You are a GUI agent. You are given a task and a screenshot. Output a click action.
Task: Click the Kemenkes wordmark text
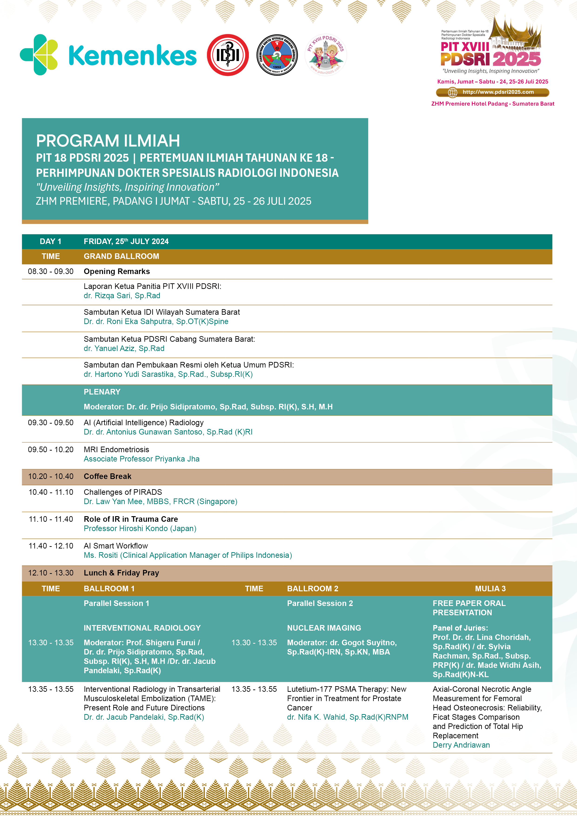pyautogui.click(x=132, y=55)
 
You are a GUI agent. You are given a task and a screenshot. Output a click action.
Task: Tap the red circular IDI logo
pyautogui.click(x=228, y=55)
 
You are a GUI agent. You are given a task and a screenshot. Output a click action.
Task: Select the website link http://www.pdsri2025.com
pyautogui.click(x=498, y=92)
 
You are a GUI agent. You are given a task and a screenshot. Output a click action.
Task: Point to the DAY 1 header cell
pyautogui.click(x=50, y=241)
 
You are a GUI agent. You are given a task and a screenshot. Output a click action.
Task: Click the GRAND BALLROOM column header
pyautogui.click(x=121, y=256)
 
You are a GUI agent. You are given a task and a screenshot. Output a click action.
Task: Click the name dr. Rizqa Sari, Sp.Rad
pyautogui.click(x=122, y=296)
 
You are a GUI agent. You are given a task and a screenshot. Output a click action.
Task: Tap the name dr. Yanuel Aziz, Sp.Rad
pyautogui.click(x=124, y=348)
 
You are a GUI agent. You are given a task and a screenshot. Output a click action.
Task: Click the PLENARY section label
pyautogui.click(x=102, y=392)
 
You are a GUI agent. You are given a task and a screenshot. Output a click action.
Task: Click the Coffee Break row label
pyautogui.click(x=107, y=476)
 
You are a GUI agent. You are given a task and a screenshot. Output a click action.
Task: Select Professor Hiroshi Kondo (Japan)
pyautogui.click(x=140, y=528)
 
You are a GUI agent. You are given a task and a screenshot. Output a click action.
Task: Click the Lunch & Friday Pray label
pyautogui.click(x=121, y=573)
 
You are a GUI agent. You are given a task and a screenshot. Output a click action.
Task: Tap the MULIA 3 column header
pyautogui.click(x=490, y=589)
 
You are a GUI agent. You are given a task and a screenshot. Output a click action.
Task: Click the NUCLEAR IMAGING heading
pyautogui.click(x=324, y=628)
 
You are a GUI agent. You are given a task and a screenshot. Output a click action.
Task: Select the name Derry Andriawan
pyautogui.click(x=461, y=745)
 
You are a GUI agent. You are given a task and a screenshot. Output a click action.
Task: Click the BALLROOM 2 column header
pyautogui.click(x=312, y=589)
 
